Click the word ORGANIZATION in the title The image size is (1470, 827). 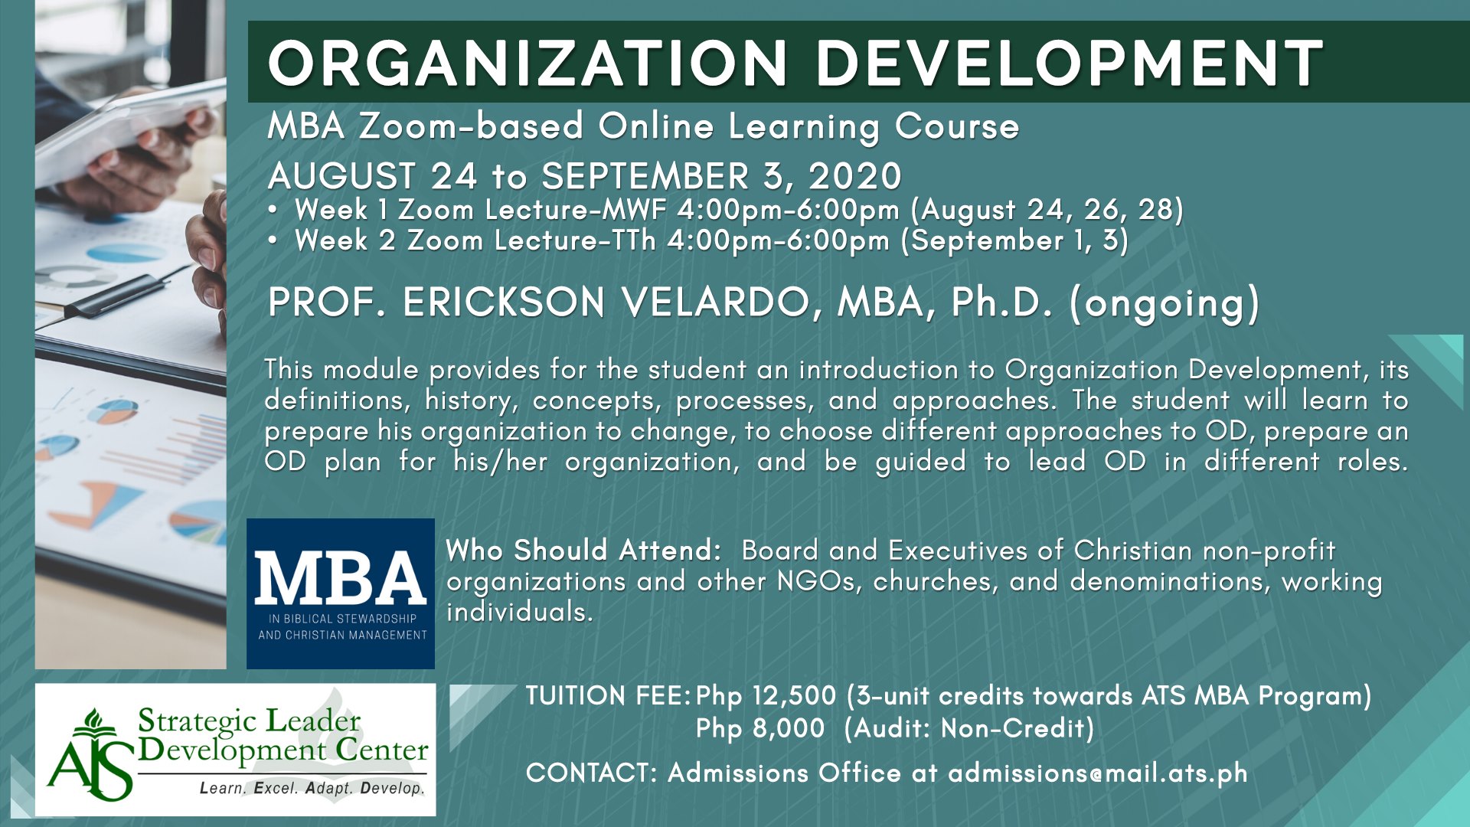(528, 63)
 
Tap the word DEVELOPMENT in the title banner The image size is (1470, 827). (1070, 63)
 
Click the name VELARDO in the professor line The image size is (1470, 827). (716, 302)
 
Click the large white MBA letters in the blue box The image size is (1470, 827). (341, 578)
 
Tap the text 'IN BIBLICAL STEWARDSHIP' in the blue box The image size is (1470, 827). (342, 619)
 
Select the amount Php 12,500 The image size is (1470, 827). (766, 697)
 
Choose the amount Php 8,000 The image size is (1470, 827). (760, 729)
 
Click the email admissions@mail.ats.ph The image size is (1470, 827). (1098, 773)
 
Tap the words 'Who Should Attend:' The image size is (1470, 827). (583, 551)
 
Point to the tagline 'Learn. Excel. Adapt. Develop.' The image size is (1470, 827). (312, 788)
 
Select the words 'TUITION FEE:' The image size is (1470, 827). (609, 696)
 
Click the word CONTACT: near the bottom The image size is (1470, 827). (591, 773)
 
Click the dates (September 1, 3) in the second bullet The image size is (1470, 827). (1014, 241)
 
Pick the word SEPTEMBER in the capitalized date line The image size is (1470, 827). (645, 177)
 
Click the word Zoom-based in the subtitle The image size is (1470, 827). (471, 126)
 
